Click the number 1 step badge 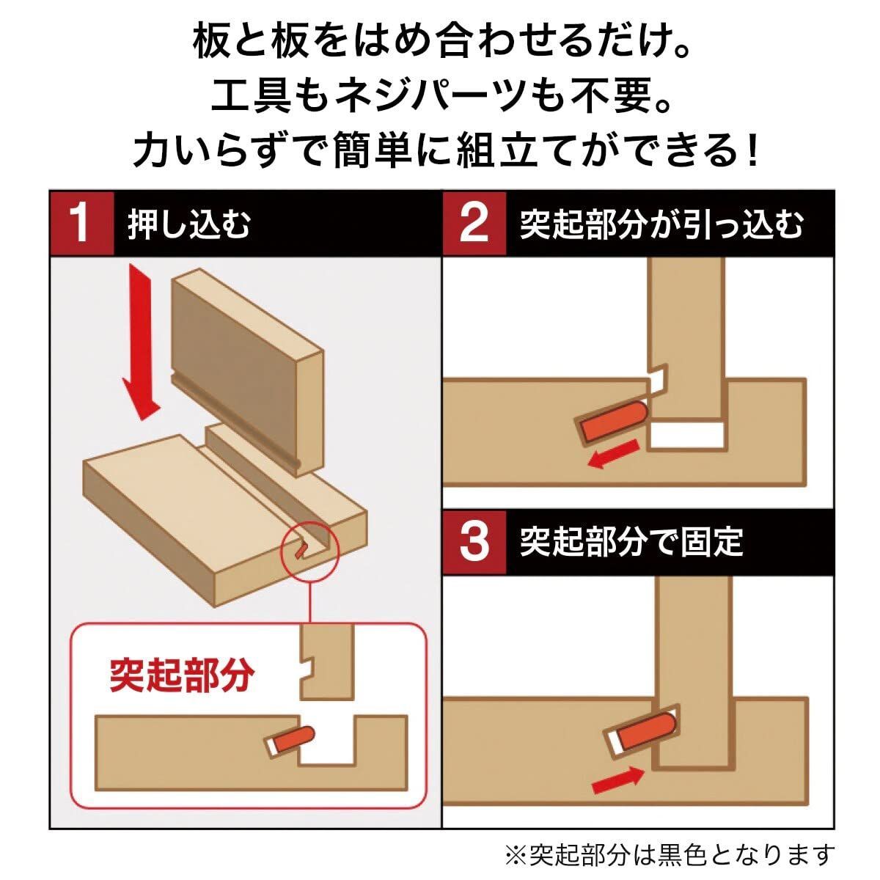click(x=81, y=224)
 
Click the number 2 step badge click(x=474, y=224)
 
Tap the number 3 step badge click(x=474, y=541)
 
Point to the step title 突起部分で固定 click(x=631, y=542)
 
